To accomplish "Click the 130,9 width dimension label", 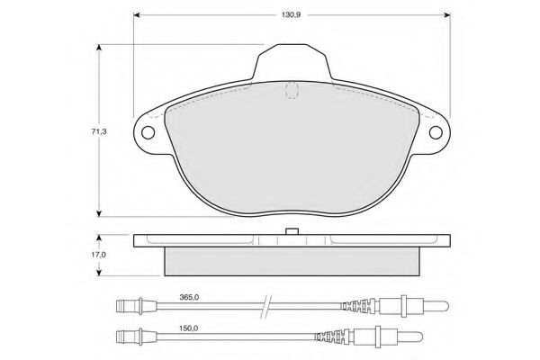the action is [x=292, y=15].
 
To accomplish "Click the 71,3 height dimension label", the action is [x=99, y=131].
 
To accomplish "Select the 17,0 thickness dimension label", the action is [x=98, y=255].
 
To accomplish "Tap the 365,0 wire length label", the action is [x=189, y=297].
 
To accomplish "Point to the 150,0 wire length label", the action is [x=189, y=328].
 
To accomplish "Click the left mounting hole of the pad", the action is [x=148, y=132].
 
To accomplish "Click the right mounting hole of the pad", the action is [x=436, y=132].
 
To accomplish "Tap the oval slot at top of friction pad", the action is [x=292, y=90].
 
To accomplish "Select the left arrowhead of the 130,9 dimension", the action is [x=137, y=14].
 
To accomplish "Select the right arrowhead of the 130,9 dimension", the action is [x=447, y=14].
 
